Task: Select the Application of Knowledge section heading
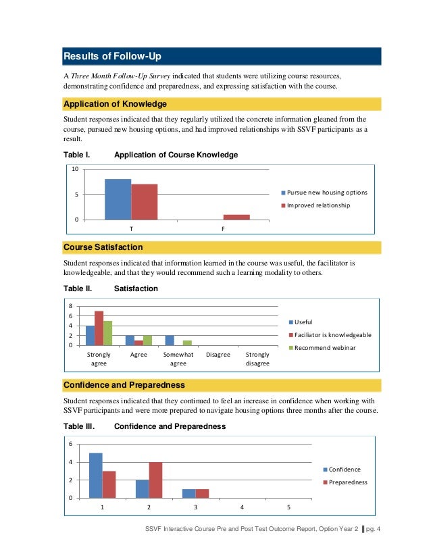115,104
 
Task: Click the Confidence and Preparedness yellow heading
124,385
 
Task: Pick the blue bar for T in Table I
118,199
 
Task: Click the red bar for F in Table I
236,217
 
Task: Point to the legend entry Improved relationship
318,205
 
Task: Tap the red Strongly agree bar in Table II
99,328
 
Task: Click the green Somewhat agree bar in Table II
187,343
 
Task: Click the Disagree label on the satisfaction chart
218,355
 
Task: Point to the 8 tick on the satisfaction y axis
72,306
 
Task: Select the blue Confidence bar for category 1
95,476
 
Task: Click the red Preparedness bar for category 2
155,480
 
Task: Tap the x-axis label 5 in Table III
288,507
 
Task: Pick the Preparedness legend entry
347,482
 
